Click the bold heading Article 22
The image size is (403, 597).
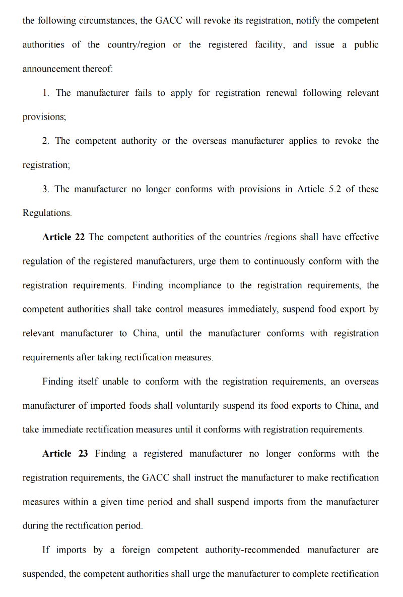(x=63, y=237)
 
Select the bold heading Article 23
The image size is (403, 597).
(x=65, y=454)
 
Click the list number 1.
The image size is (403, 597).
(x=46, y=93)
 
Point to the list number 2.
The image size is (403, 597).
(x=46, y=141)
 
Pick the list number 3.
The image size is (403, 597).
(x=46, y=189)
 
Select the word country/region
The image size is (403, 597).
(x=136, y=45)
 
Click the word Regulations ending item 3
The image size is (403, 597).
(x=46, y=213)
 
